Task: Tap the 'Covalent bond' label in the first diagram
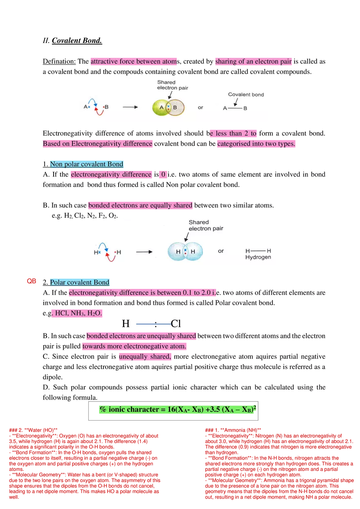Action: tap(246, 95)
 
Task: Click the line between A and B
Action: tap(235, 108)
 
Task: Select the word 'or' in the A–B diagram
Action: tap(200, 108)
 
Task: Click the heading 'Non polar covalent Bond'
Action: tap(86, 164)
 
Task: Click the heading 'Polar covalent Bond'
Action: tap(79, 282)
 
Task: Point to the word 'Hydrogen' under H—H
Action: tap(258, 257)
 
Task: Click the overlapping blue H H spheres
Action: tap(185, 252)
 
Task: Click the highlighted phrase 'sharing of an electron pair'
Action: tap(253, 62)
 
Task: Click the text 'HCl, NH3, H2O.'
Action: tap(78, 313)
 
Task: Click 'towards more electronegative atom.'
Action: tap(134, 347)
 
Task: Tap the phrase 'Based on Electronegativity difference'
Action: tap(98, 144)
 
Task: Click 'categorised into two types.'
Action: tap(256, 144)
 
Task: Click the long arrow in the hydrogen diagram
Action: tap(144, 252)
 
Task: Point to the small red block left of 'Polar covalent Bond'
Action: tap(32, 281)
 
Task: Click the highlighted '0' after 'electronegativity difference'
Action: tap(163, 175)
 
